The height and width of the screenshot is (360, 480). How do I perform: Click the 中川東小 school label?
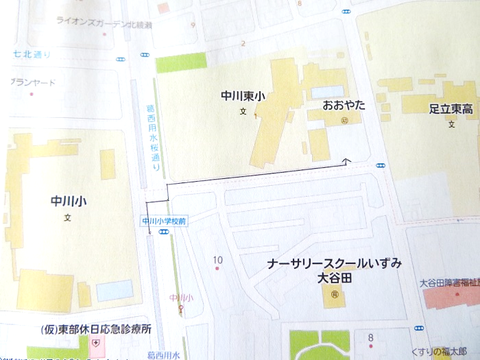(243, 97)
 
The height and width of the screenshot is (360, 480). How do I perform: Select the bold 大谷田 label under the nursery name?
(335, 279)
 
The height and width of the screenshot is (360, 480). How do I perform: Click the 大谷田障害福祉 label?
(449, 282)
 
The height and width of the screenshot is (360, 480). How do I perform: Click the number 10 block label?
(218, 260)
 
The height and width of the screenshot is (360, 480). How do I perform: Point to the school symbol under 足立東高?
(451, 125)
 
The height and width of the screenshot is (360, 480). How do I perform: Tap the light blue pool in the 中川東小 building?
(328, 91)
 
